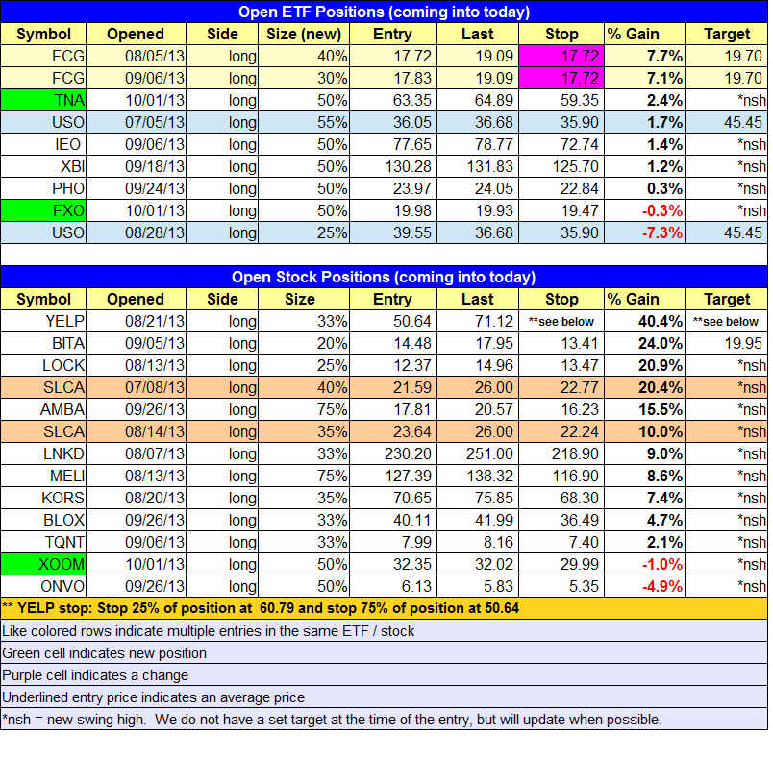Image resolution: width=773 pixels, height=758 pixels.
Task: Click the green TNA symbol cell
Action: click(43, 100)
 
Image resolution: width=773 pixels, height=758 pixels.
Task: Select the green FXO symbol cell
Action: click(43, 210)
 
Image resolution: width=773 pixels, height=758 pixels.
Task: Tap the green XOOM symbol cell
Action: click(43, 564)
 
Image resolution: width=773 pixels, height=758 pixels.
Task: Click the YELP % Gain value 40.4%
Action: click(661, 321)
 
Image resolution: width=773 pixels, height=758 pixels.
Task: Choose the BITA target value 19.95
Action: click(743, 343)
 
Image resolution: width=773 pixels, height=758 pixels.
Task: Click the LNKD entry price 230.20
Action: click(408, 453)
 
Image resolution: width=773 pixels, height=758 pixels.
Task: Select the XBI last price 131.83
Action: click(490, 166)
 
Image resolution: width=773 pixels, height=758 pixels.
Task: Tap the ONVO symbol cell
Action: click(43, 586)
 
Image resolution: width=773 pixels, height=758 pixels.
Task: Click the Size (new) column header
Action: click(304, 34)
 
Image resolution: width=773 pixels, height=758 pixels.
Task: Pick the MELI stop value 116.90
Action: click(575, 476)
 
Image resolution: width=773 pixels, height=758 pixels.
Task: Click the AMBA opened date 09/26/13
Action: click(155, 409)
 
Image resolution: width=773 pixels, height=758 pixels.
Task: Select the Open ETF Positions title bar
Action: click(384, 12)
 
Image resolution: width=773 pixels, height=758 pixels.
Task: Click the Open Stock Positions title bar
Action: click(384, 277)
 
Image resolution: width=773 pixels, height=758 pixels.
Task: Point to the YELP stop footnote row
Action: click(384, 608)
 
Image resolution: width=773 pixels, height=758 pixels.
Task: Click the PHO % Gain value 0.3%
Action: click(664, 188)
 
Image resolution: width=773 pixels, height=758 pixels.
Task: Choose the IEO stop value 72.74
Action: click(579, 144)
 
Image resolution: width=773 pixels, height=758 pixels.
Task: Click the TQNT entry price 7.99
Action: click(416, 542)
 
